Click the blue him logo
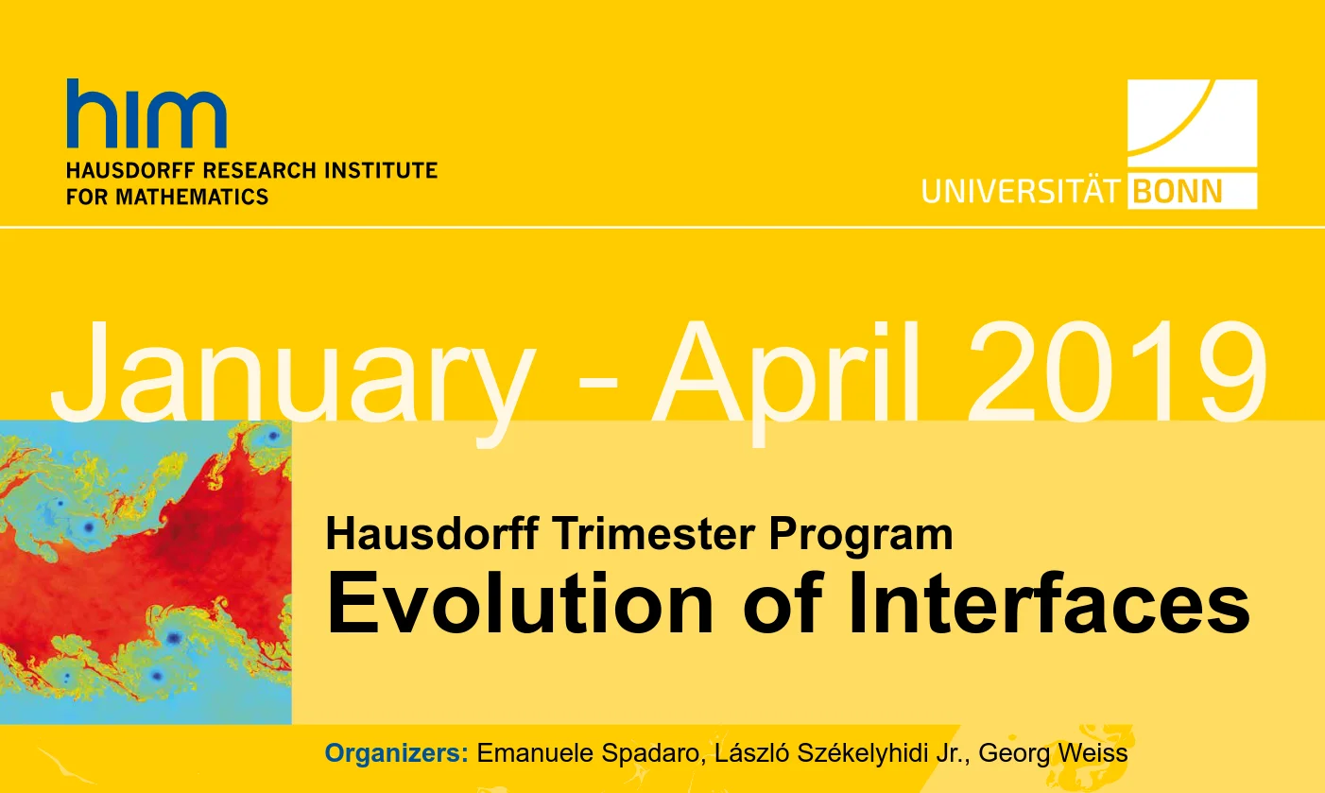point(146,113)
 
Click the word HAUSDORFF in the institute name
point(130,170)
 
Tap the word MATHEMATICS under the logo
point(192,197)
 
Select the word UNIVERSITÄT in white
point(1021,191)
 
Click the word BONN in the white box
point(1178,192)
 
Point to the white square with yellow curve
point(1193,123)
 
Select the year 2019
point(1117,371)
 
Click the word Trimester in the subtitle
point(655,534)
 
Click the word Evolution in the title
point(520,604)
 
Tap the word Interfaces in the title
point(1048,604)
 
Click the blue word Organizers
point(396,753)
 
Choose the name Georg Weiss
point(1053,754)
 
